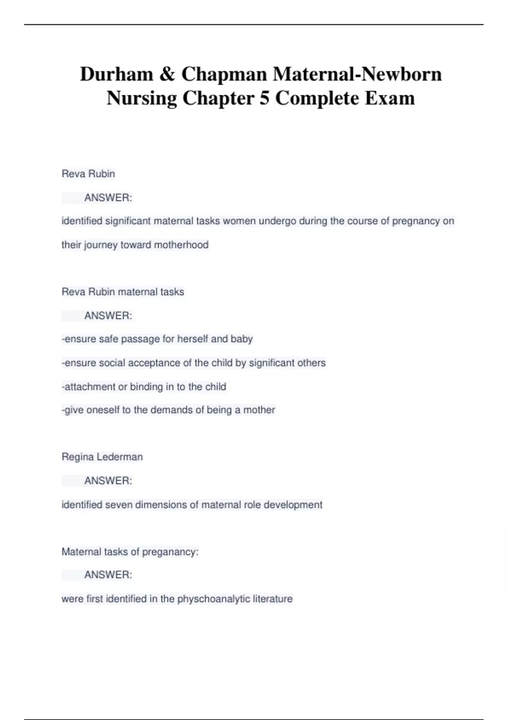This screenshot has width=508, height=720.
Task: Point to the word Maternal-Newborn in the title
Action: point(357,74)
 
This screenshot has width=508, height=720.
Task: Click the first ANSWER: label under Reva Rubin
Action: point(108,198)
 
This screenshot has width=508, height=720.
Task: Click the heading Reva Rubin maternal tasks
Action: point(123,292)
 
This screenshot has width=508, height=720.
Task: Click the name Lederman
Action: point(120,457)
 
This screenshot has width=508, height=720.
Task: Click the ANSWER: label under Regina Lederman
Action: point(108,481)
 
